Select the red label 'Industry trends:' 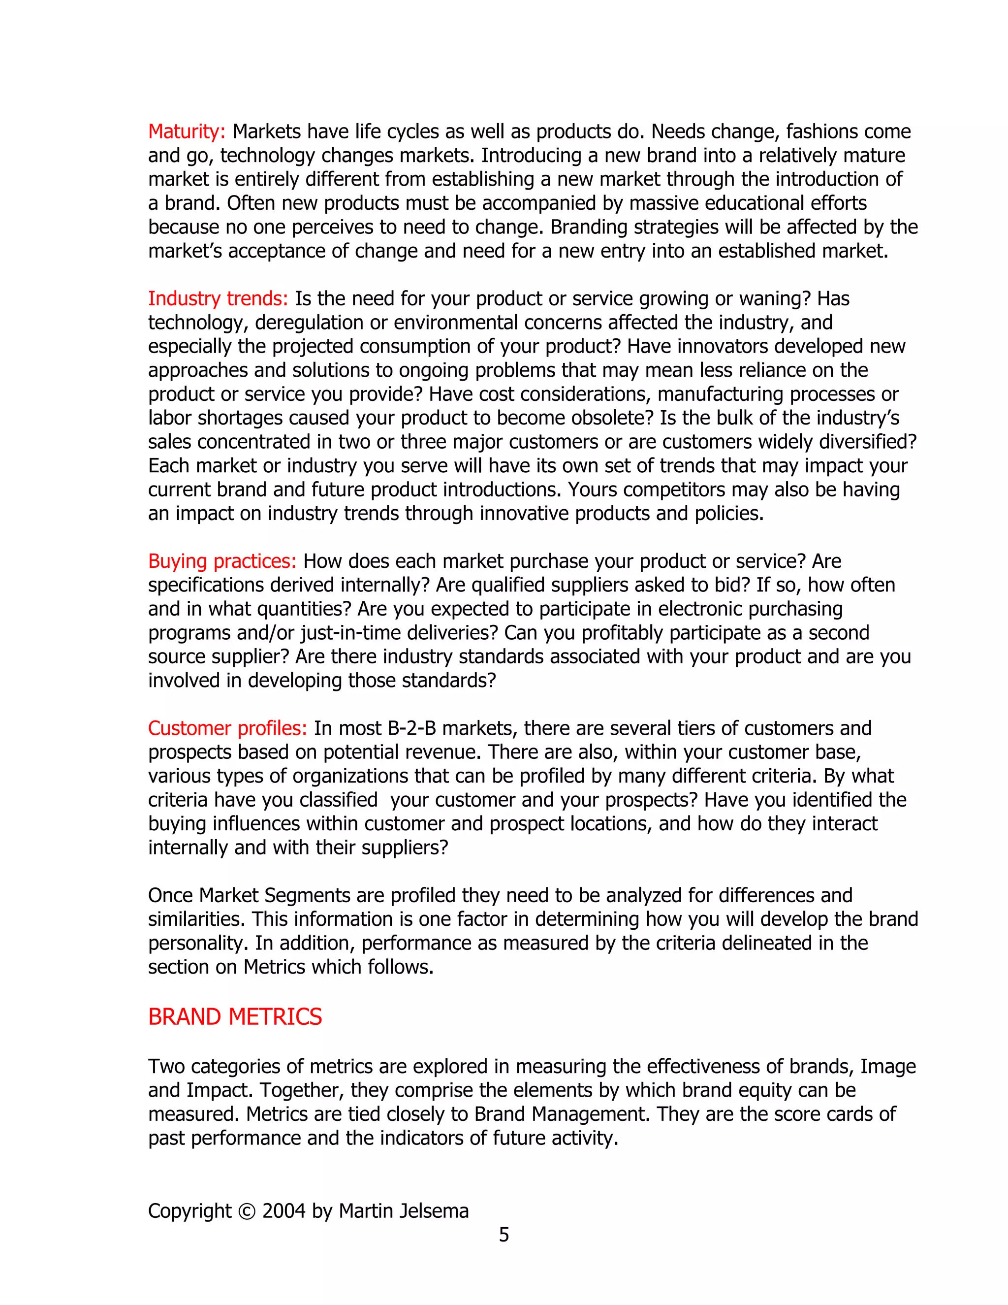pos(218,299)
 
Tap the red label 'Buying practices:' pos(222,562)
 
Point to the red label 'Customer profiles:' pos(227,728)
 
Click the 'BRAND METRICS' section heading pos(235,1017)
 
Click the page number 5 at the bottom pos(504,1235)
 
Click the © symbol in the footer pos(246,1211)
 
